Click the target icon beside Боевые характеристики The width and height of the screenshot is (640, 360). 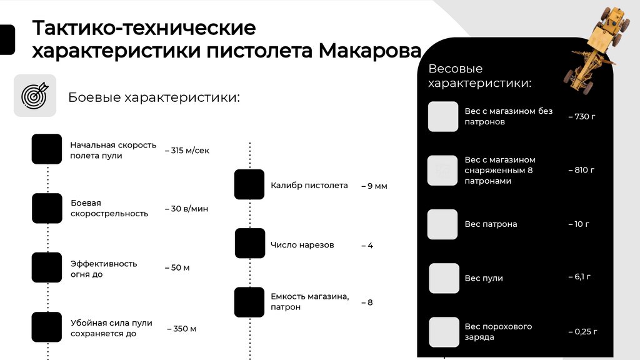[35, 96]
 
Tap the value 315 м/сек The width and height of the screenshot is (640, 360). [187, 151]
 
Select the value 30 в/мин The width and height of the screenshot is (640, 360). [186, 209]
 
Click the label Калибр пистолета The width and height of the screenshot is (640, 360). [309, 186]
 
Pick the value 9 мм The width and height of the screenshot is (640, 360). [374, 186]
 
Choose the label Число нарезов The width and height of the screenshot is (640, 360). [302, 245]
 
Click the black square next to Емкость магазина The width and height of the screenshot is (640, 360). [249, 302]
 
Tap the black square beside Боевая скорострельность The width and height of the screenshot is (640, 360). [47, 208]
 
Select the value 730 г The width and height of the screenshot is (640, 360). [581, 117]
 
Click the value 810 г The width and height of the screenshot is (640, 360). [581, 170]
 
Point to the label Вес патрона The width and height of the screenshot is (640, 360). [491, 224]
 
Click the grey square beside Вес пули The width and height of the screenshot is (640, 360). [444, 278]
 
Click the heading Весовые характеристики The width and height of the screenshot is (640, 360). [480, 76]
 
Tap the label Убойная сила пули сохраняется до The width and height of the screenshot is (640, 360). [111, 328]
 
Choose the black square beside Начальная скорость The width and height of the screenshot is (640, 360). [47, 149]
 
